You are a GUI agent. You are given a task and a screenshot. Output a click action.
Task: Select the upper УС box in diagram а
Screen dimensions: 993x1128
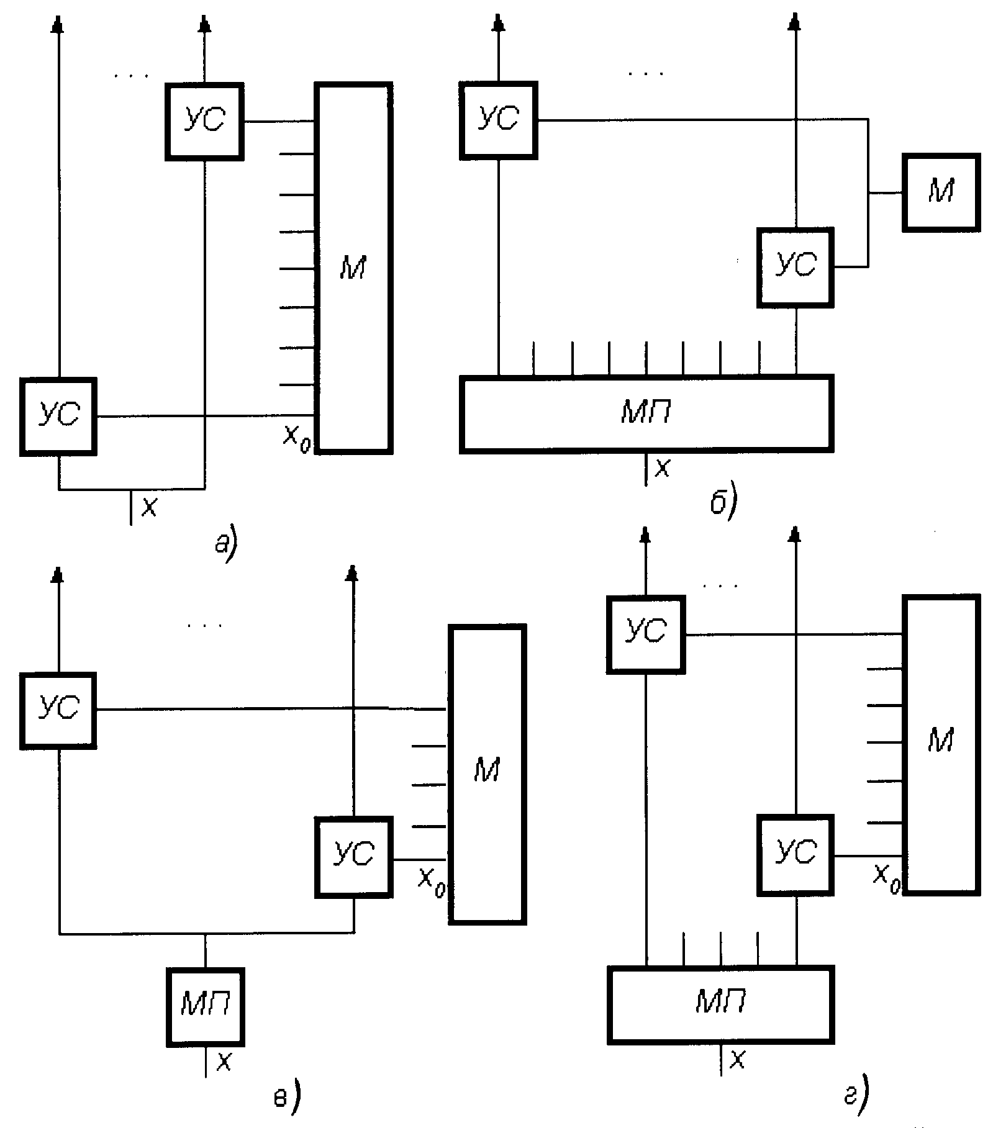204,122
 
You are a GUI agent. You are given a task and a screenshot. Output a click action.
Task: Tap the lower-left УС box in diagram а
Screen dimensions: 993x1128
58,417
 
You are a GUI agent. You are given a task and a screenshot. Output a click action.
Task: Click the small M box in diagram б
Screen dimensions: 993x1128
941,192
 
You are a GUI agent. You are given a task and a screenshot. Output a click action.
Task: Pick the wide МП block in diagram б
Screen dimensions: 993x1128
646,413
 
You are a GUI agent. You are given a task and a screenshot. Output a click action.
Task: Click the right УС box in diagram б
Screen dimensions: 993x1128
796,268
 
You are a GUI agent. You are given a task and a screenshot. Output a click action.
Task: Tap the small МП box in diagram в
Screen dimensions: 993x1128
205,1007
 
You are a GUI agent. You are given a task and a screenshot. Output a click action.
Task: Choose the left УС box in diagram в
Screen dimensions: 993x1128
58,710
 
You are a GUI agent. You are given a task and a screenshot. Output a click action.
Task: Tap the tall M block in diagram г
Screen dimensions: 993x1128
941,745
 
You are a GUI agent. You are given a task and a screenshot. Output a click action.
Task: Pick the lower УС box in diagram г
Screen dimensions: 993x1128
796,856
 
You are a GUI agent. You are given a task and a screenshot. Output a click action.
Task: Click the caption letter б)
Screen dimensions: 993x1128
723,505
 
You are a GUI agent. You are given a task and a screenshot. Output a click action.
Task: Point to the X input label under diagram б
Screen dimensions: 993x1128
663,469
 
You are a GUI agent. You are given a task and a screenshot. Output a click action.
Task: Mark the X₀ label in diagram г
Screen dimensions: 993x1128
887,877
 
